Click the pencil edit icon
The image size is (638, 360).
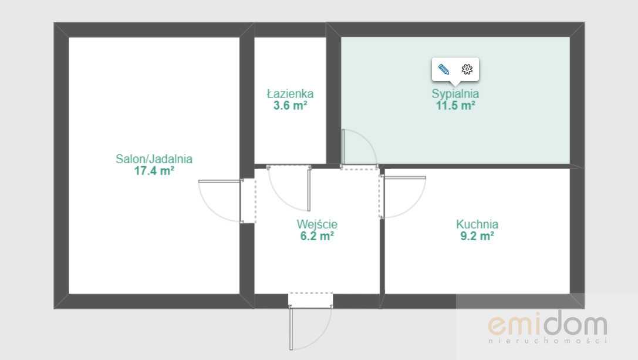[x=444, y=69]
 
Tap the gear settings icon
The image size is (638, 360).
[x=467, y=69]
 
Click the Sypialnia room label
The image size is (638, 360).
[x=455, y=93]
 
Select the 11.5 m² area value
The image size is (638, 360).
[x=455, y=106]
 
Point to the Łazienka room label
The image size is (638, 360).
[x=290, y=93]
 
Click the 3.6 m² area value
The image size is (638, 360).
[x=290, y=106]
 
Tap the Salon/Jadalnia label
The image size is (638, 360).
[x=154, y=159]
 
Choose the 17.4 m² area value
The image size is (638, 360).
[x=154, y=171]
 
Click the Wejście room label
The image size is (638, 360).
[x=317, y=224]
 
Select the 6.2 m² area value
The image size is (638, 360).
[x=317, y=236]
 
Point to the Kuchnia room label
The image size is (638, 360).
[x=477, y=224]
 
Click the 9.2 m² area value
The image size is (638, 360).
[x=477, y=236]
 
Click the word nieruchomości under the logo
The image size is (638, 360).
[x=548, y=341]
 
